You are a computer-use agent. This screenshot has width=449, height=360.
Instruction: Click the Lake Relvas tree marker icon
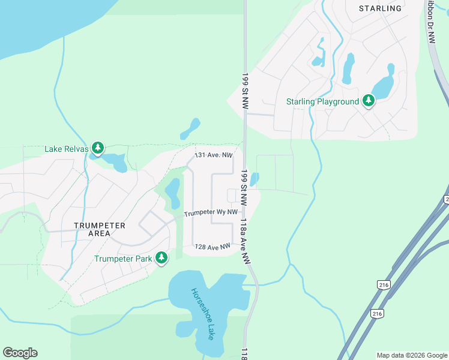point(98,148)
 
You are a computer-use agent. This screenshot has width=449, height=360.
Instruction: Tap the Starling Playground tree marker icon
point(369,101)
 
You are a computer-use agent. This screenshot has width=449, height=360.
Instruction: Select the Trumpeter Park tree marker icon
point(161,258)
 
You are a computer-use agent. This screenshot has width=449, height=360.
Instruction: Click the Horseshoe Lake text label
point(203,314)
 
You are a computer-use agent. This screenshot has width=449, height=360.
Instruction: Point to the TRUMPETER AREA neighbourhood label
point(100,229)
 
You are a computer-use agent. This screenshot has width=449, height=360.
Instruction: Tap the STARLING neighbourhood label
point(380,8)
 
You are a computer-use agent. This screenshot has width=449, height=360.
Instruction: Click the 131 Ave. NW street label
point(213,155)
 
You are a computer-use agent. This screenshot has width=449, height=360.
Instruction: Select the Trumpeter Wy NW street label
point(211,213)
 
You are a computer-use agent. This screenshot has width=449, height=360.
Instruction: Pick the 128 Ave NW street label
point(212,247)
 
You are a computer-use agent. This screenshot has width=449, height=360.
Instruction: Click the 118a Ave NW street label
point(244,241)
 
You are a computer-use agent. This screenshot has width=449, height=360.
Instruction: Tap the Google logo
point(20,353)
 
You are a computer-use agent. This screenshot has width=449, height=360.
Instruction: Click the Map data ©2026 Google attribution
point(411,355)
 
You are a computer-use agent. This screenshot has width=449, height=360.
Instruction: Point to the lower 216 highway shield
point(377,313)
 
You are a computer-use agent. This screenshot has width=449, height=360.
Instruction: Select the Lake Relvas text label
point(66,149)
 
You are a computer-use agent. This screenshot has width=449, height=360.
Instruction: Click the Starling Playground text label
point(322,102)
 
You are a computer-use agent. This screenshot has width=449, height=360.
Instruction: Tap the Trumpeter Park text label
point(122,259)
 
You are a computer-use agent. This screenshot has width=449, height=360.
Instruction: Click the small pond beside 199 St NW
point(254,179)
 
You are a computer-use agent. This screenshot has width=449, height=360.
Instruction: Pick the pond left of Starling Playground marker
point(348,68)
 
